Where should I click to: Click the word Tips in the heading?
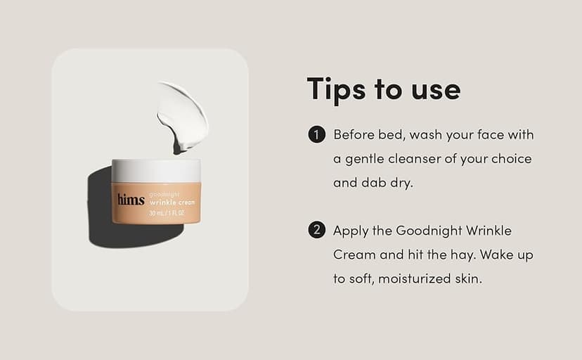pos(335,90)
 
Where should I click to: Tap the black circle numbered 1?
pos(316,134)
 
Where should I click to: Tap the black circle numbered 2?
pos(316,230)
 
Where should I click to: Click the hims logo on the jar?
pos(131,199)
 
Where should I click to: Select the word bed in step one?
pos(391,134)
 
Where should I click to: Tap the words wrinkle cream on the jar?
pos(172,201)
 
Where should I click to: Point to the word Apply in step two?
pos(351,231)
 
